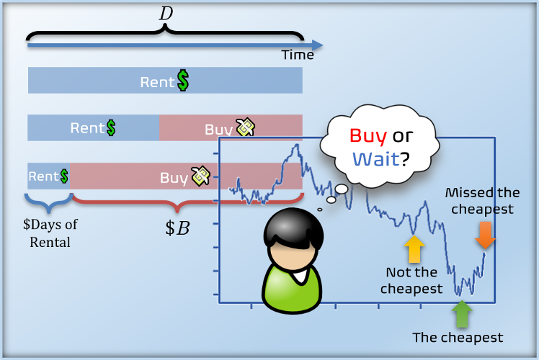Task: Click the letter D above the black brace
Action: [166, 14]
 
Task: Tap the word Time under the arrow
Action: [298, 55]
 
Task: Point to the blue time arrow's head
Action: [317, 45]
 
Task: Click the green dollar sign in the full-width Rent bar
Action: [183, 81]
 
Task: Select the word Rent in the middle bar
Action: [87, 128]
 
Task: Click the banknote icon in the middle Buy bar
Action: [245, 127]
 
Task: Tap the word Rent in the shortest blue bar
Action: [44, 176]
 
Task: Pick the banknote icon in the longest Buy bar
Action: [200, 176]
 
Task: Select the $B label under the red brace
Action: [177, 228]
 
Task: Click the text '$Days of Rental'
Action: [50, 233]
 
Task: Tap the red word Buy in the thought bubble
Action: [368, 136]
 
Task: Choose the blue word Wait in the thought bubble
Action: [376, 159]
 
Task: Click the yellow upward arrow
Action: [414, 249]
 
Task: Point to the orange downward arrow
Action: [485, 235]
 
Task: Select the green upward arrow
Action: [462, 314]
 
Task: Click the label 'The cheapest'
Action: [458, 338]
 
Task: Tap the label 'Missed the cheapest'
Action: [483, 201]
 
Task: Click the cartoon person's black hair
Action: [293, 228]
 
